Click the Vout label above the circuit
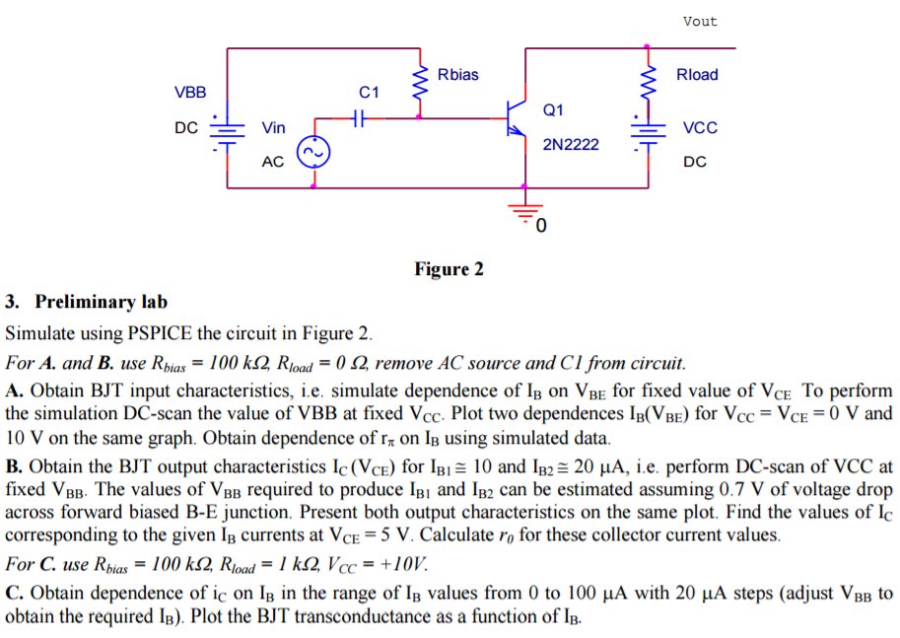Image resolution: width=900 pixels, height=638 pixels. (x=699, y=21)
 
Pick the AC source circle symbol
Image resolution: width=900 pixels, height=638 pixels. (x=313, y=152)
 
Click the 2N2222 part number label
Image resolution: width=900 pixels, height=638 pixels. (x=571, y=144)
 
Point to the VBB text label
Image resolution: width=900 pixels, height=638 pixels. (x=190, y=93)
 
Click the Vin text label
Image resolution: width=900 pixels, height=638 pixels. (x=273, y=127)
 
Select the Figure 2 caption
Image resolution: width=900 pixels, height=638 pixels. (x=449, y=269)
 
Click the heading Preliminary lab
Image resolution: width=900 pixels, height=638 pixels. (x=100, y=302)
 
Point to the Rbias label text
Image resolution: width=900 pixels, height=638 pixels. (x=457, y=75)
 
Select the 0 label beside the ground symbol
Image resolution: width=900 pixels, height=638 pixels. (x=541, y=229)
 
